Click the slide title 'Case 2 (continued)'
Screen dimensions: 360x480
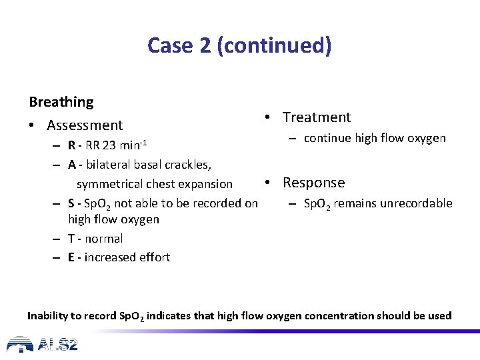[x=239, y=45]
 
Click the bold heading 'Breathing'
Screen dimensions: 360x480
[x=61, y=102]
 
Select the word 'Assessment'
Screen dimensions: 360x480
[x=85, y=125]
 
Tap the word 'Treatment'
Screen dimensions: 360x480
[x=316, y=117]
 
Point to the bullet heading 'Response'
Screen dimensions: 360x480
[x=313, y=183]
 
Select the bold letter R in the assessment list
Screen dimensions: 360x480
[x=71, y=146]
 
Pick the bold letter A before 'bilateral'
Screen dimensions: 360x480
[x=71, y=165]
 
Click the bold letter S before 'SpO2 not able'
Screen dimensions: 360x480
[x=71, y=203]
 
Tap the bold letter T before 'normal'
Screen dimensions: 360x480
[x=71, y=239]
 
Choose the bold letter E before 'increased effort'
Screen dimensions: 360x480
[x=71, y=257]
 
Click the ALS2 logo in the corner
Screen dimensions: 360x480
[x=43, y=344]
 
